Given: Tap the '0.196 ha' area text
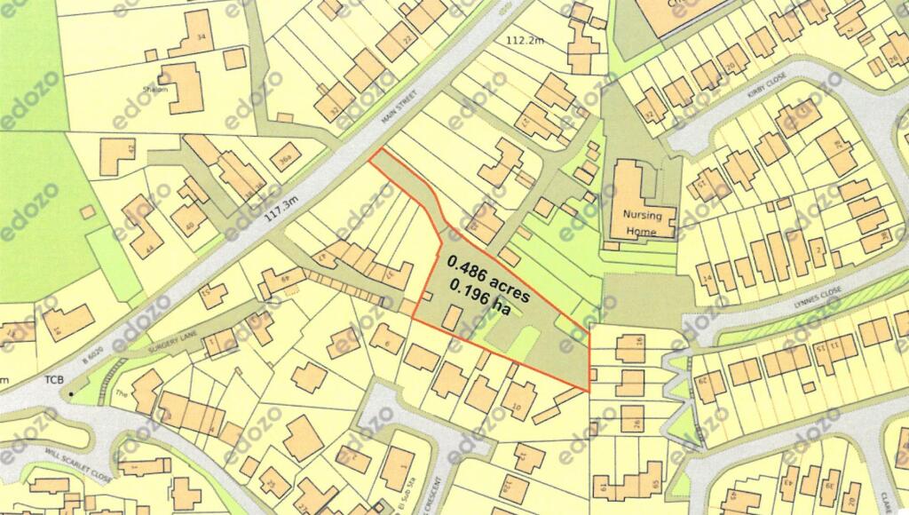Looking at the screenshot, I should pos(480,298).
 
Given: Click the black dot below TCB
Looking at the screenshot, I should pos(71,392).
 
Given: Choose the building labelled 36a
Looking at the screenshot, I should pos(284,160).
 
